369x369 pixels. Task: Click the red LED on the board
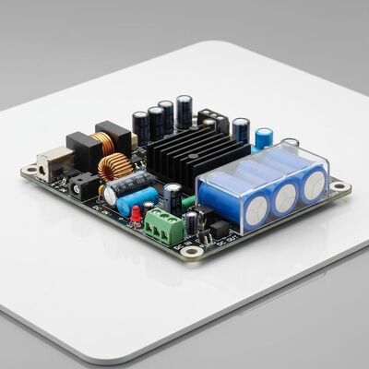click(x=136, y=215)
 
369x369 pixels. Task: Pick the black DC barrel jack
click(x=85, y=187)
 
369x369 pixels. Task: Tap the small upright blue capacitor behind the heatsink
click(x=264, y=138)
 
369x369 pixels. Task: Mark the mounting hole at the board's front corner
click(x=192, y=251)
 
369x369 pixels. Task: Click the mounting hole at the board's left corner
click(x=30, y=171)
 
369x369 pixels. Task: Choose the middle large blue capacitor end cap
click(x=283, y=196)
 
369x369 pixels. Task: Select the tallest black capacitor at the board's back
click(x=184, y=111)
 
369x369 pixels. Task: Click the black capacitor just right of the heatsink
click(x=241, y=129)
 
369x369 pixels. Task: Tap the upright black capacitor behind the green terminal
click(x=173, y=197)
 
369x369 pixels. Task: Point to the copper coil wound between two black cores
click(x=101, y=142)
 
